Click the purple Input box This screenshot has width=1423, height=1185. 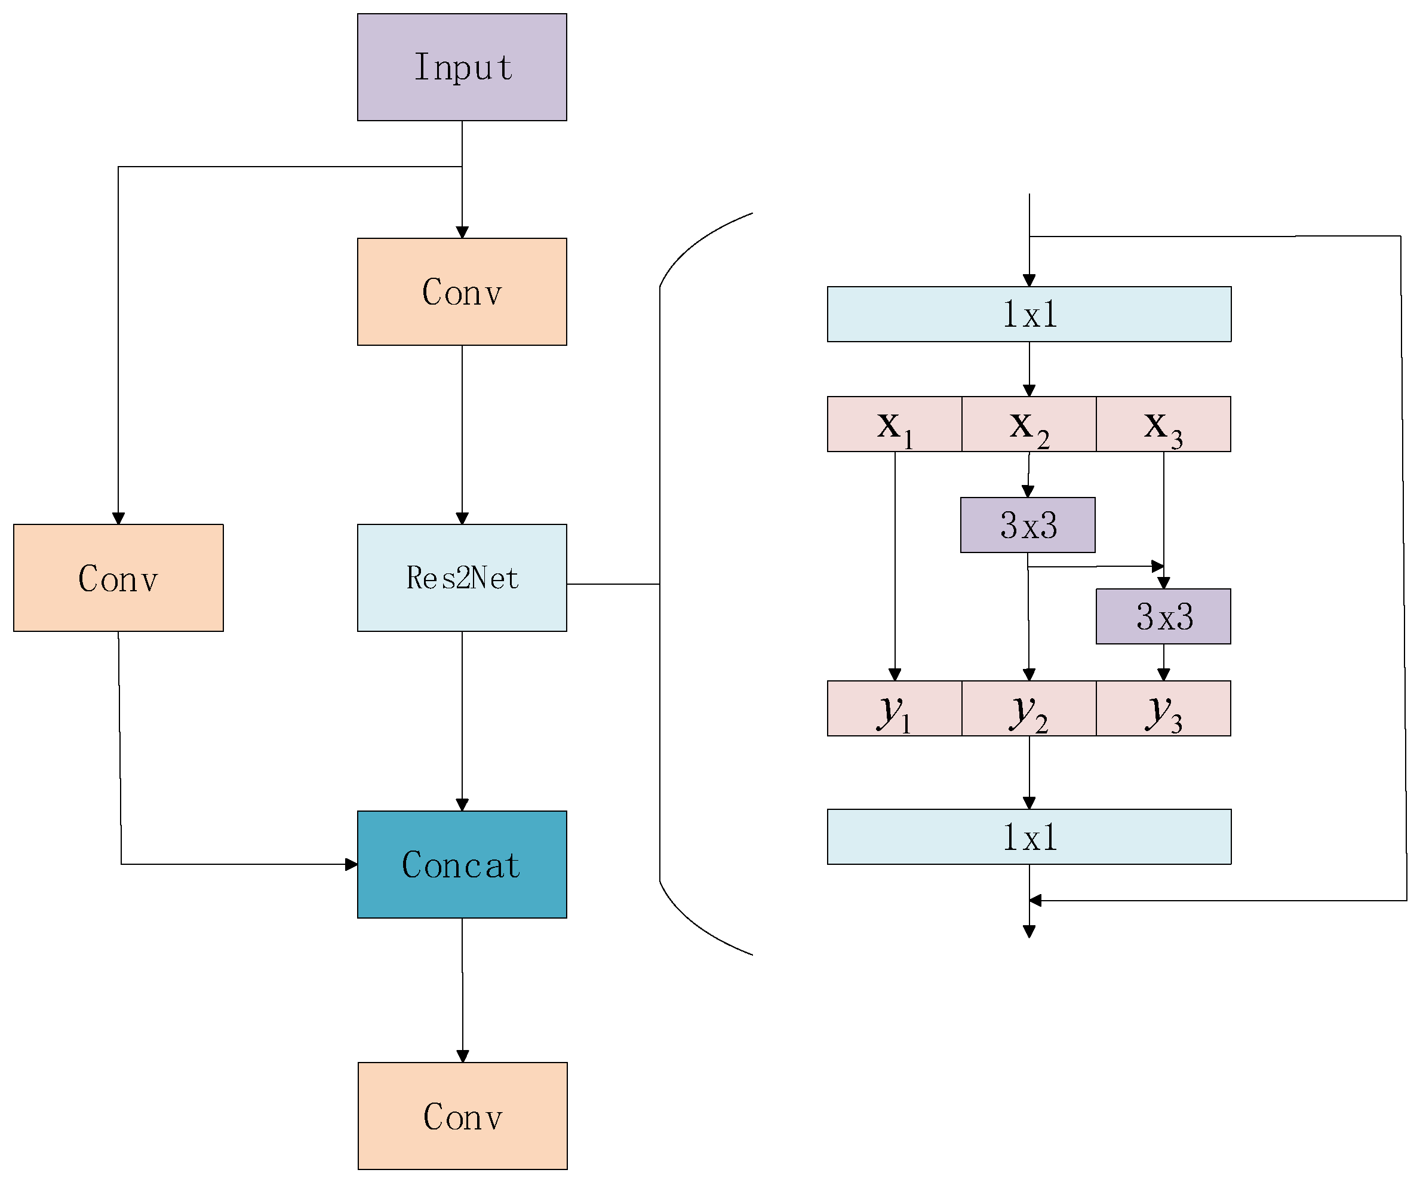click(462, 67)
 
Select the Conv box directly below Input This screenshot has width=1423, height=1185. click(462, 291)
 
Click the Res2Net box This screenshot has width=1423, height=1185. click(462, 578)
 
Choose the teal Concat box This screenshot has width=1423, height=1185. click(462, 864)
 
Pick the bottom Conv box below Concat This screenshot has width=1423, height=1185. click(463, 1116)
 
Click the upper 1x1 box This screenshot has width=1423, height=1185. click(1029, 314)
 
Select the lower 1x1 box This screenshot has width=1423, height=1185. click(1029, 837)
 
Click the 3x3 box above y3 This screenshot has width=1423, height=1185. click(1163, 616)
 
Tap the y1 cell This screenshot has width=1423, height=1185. click(895, 708)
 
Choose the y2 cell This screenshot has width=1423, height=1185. click(1029, 708)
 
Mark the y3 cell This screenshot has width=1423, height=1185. click(1163, 708)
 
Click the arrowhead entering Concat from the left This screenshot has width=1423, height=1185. click(351, 864)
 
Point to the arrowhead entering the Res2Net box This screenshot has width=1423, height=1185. click(462, 518)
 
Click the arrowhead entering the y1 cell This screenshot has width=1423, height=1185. click(895, 674)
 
